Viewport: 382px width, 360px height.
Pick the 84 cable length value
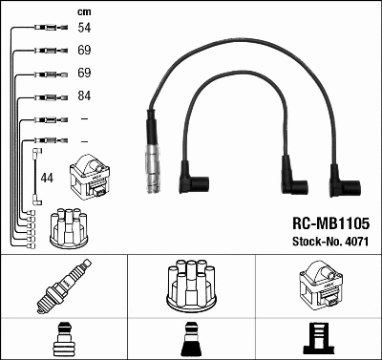(x=84, y=96)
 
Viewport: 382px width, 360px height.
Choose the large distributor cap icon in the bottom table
(x=190, y=285)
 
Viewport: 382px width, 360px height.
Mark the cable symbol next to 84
(x=49, y=96)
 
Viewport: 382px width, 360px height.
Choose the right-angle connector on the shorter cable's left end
(x=198, y=179)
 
